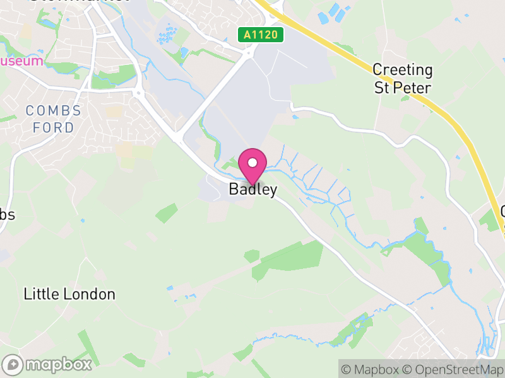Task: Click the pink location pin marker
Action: coord(252,166)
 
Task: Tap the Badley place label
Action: coord(252,190)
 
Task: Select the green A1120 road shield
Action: coord(259,35)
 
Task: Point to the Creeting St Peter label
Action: coord(403,78)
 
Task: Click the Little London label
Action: coord(69,294)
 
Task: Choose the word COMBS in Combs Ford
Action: coord(54,111)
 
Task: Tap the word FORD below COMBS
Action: coord(54,127)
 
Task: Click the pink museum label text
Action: coord(22,61)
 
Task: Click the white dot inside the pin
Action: coord(252,162)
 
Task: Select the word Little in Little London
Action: coord(39,294)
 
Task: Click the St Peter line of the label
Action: coord(403,87)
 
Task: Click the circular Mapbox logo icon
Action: coord(13,365)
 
